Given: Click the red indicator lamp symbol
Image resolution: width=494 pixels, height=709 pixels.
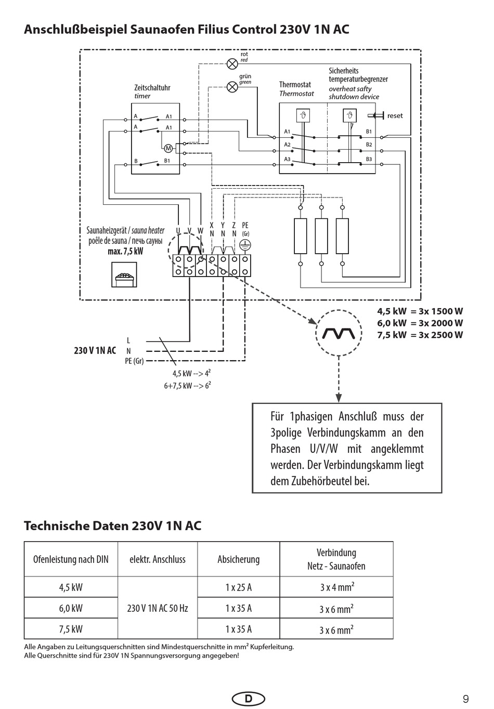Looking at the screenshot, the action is (232, 64).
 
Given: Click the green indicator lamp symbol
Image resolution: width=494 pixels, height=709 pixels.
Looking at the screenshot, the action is (232, 87).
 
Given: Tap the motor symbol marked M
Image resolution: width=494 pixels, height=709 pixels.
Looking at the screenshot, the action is (168, 148).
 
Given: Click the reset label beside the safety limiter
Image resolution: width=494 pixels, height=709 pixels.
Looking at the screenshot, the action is (395, 116).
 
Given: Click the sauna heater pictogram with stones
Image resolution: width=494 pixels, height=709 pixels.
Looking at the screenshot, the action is (124, 274).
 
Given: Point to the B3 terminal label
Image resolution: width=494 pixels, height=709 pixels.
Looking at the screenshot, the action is (369, 159).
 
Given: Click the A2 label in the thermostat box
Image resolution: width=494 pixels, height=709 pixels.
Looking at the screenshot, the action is (287, 145).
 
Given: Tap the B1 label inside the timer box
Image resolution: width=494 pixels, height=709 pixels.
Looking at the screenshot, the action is (167, 161).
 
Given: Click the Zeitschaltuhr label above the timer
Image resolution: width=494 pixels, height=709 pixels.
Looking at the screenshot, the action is (152, 88).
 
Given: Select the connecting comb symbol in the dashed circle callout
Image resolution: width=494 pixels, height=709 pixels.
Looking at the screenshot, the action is (339, 333).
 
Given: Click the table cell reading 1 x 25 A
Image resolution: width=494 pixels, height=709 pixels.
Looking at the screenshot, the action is (239, 587).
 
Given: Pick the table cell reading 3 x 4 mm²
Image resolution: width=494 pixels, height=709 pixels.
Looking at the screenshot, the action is (336, 587).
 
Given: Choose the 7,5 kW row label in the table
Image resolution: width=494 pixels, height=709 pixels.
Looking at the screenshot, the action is (71, 629).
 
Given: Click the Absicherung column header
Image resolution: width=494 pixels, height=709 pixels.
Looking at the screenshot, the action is (239, 559).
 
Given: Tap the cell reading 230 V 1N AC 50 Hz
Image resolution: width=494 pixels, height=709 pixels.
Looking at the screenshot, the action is (158, 608).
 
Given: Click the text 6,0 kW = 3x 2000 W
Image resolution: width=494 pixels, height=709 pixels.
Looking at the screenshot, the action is (420, 323).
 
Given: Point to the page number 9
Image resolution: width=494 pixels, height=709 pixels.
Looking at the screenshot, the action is (465, 699).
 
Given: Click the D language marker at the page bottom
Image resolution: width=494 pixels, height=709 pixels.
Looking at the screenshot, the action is (248, 699).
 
